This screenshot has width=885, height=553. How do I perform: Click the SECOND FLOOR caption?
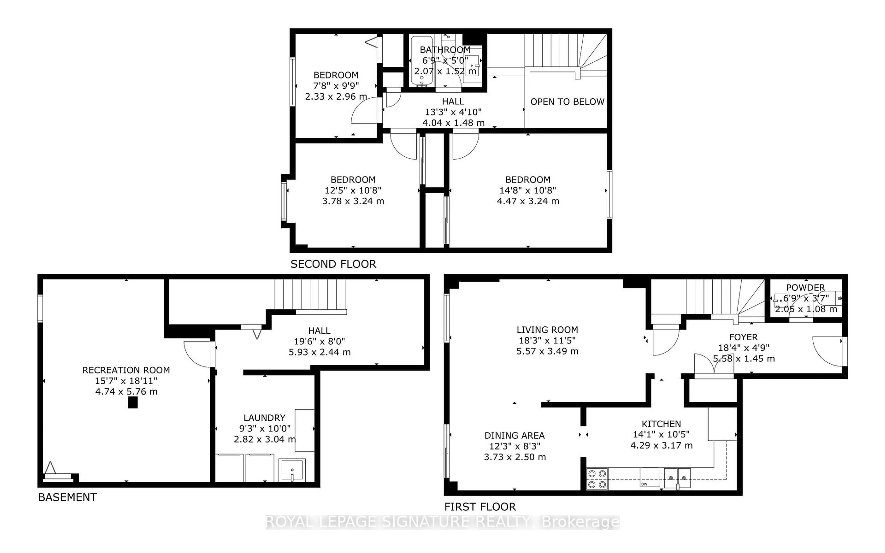tap(333, 264)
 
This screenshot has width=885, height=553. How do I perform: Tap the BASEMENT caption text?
tap(67, 497)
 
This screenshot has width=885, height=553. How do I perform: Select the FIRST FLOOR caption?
tap(480, 507)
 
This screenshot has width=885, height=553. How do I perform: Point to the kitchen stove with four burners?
tap(597, 479)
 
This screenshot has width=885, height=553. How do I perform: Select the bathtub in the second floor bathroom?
tap(422, 60)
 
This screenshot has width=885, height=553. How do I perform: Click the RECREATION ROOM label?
tap(126, 370)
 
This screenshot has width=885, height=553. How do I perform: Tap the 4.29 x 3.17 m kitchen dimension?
tap(661, 445)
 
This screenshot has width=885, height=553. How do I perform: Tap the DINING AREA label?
tap(515, 435)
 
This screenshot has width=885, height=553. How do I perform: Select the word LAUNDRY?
tap(264, 418)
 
